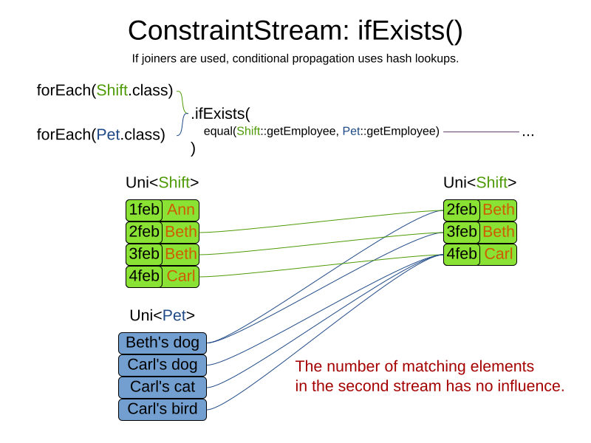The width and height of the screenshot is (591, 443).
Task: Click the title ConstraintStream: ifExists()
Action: pos(295,30)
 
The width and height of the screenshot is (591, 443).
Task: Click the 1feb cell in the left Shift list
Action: pos(144,210)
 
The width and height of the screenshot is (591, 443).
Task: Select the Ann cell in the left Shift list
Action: pos(180,210)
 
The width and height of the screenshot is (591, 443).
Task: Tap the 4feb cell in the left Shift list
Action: pos(144,276)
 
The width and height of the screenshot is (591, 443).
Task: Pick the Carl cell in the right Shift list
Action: pos(498,254)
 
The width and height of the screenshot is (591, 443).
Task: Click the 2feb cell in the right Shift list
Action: pos(462,210)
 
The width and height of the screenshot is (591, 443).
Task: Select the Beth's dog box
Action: pos(163,343)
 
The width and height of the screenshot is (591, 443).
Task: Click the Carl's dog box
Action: pos(163,365)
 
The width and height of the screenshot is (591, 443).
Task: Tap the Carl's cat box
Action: pos(163,387)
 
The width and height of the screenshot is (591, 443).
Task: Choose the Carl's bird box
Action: pos(163,409)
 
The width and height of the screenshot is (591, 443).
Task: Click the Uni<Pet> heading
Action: pos(162,315)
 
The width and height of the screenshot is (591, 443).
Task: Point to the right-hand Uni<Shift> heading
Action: pos(479,182)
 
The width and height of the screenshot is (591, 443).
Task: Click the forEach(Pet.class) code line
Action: pos(100,134)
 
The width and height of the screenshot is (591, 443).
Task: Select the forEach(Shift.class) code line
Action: pos(104,91)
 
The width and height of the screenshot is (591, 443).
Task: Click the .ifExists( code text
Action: pos(220,114)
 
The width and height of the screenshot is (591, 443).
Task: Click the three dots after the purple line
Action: pos(527,134)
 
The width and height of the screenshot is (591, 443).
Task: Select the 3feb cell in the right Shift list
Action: pos(462,232)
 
